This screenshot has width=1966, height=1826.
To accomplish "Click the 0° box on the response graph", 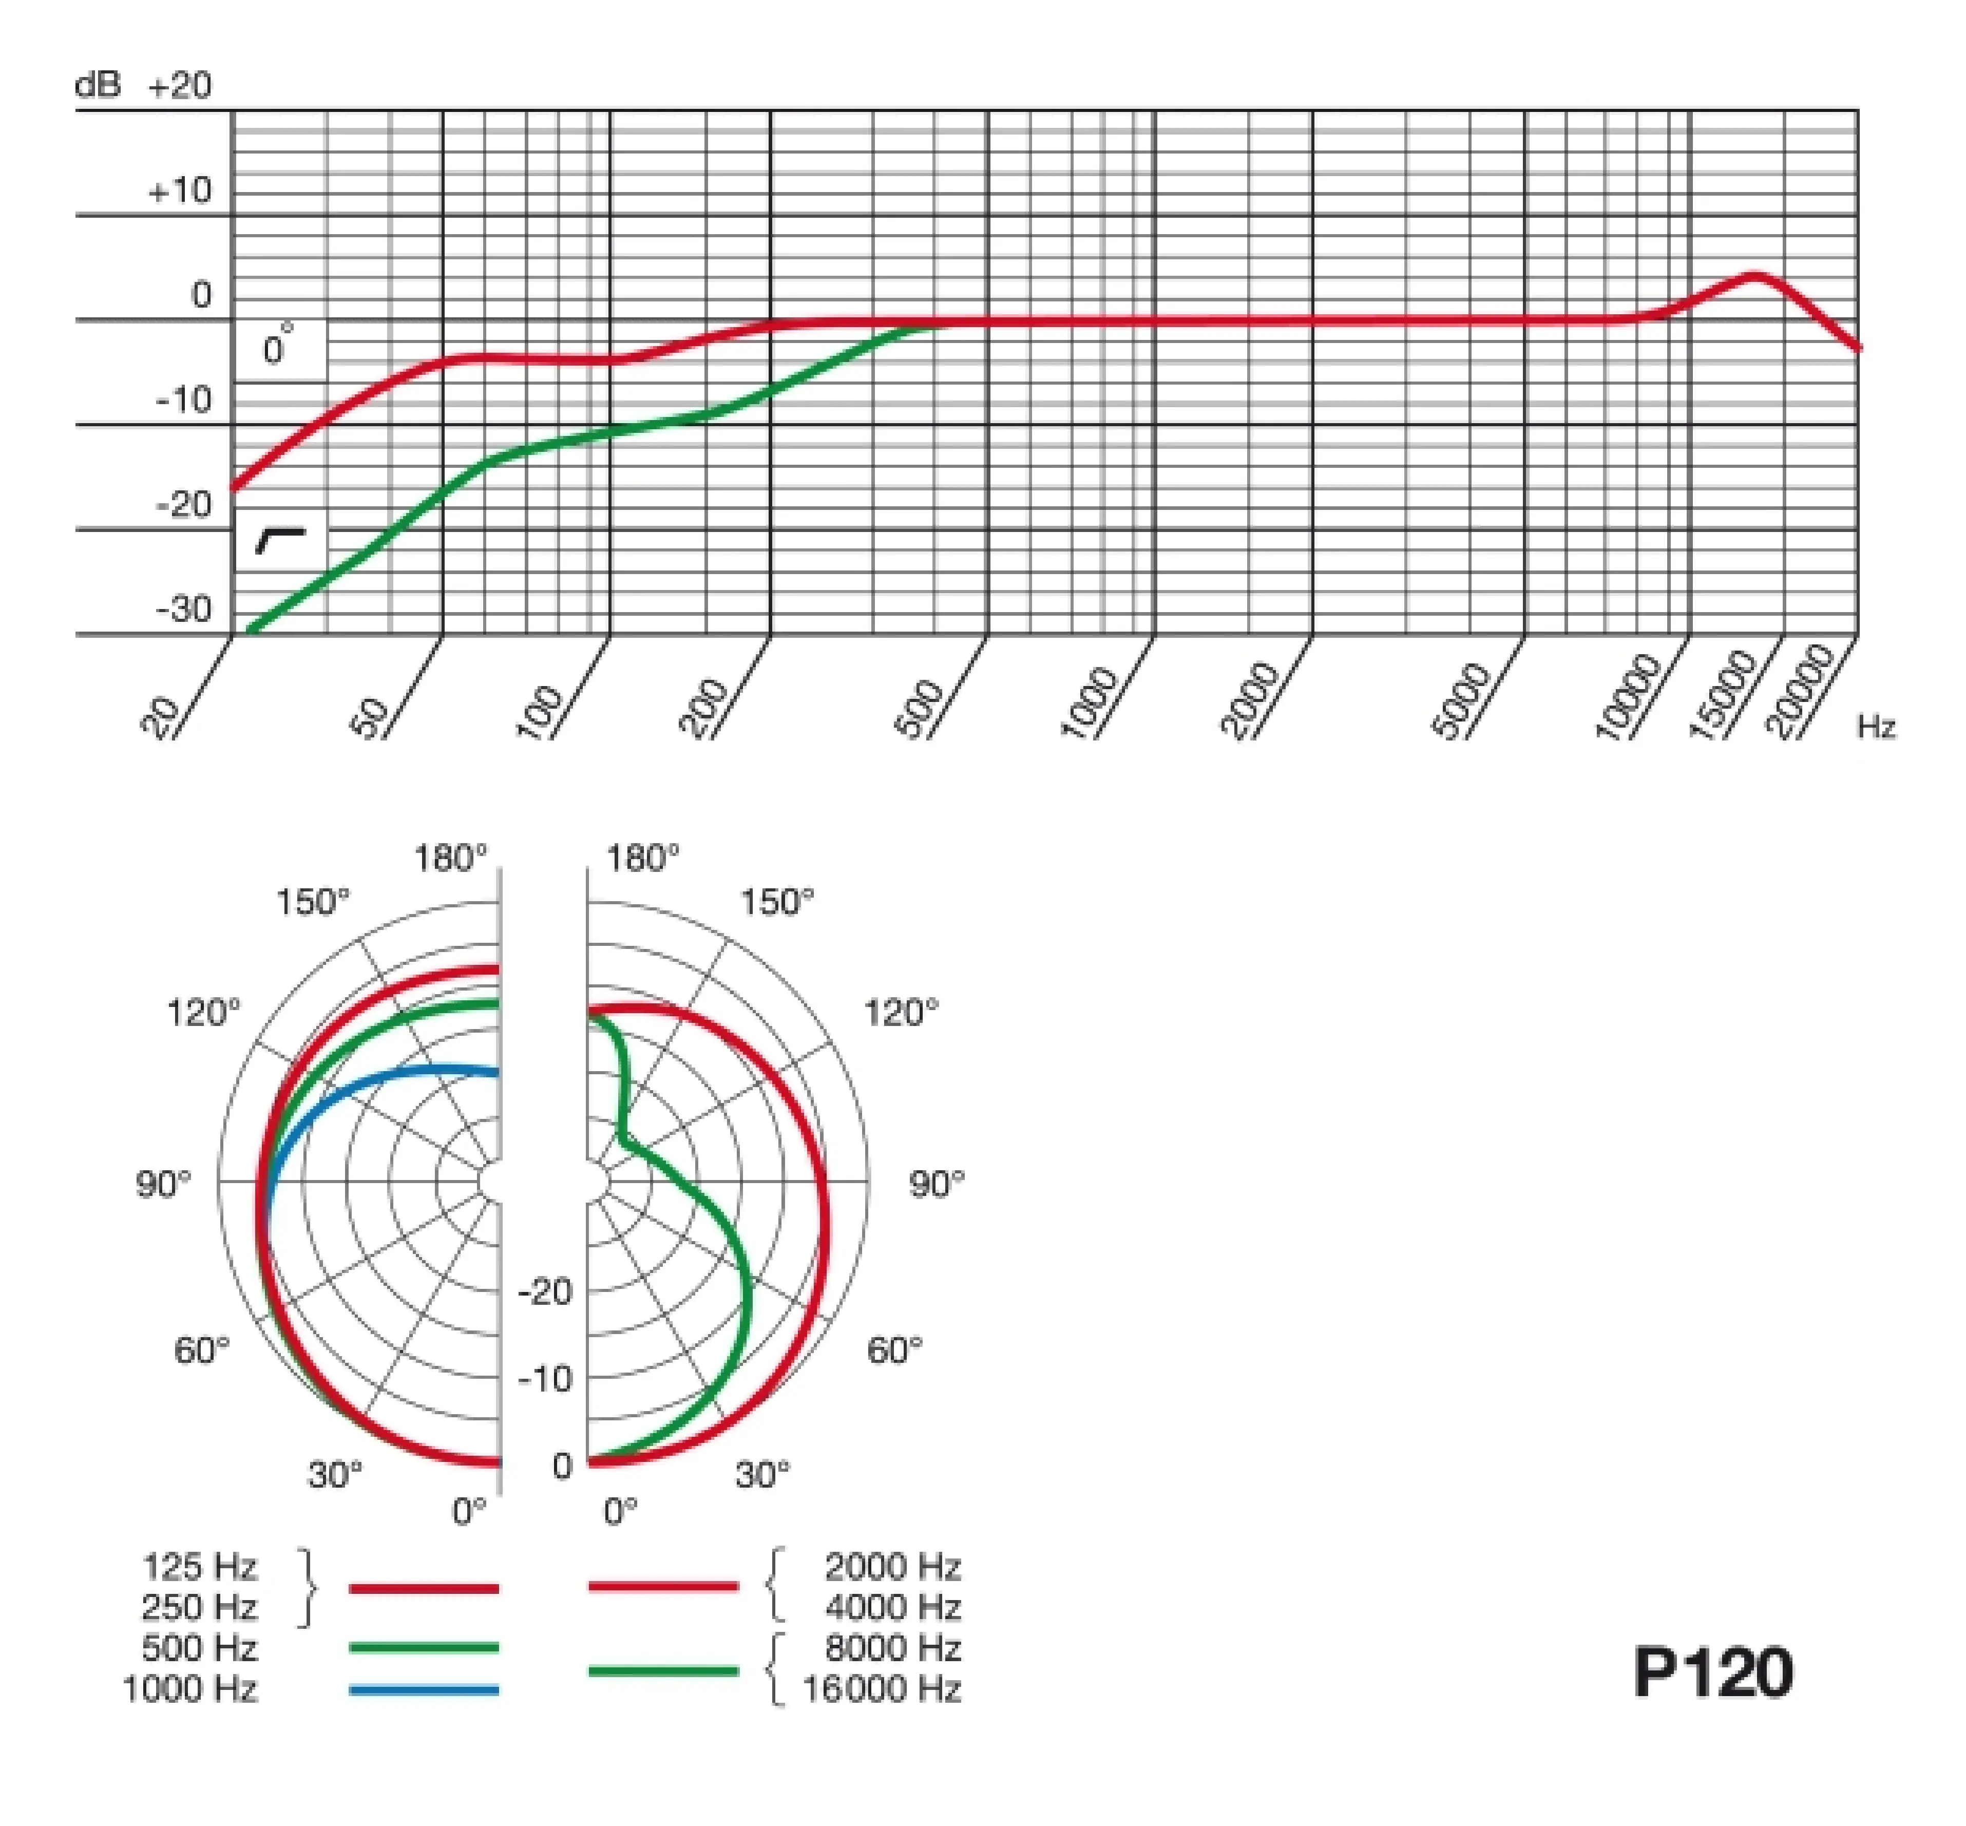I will pos(280,348).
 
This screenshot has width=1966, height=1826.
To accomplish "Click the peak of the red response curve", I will pos(1754,276).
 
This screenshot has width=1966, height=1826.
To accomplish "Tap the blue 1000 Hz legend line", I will pos(424,1689).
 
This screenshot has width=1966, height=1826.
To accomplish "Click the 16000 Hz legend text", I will pos(881,1689).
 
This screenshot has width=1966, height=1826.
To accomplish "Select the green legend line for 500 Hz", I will pos(424,1647).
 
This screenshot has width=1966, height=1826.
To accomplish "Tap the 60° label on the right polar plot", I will pos(894,1350).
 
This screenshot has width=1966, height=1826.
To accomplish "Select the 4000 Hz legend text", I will pos(892,1608).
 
